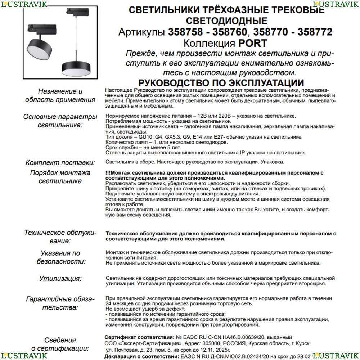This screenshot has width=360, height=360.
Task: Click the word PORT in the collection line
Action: pos(248,44)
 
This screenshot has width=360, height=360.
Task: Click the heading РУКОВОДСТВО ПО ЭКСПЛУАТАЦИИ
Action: pos(221,82)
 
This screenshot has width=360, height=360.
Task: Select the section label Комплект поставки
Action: pos(60,163)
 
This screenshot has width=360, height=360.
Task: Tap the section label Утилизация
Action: pos(60,278)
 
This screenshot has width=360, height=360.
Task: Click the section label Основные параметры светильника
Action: pos(60,121)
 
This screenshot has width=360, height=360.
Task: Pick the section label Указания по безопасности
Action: pos(61,257)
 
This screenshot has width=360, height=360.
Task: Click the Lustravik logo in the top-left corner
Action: pos(23,4)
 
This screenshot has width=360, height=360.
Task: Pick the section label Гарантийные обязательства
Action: pos(60,303)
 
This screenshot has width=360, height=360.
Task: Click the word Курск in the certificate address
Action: pos(302,343)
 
